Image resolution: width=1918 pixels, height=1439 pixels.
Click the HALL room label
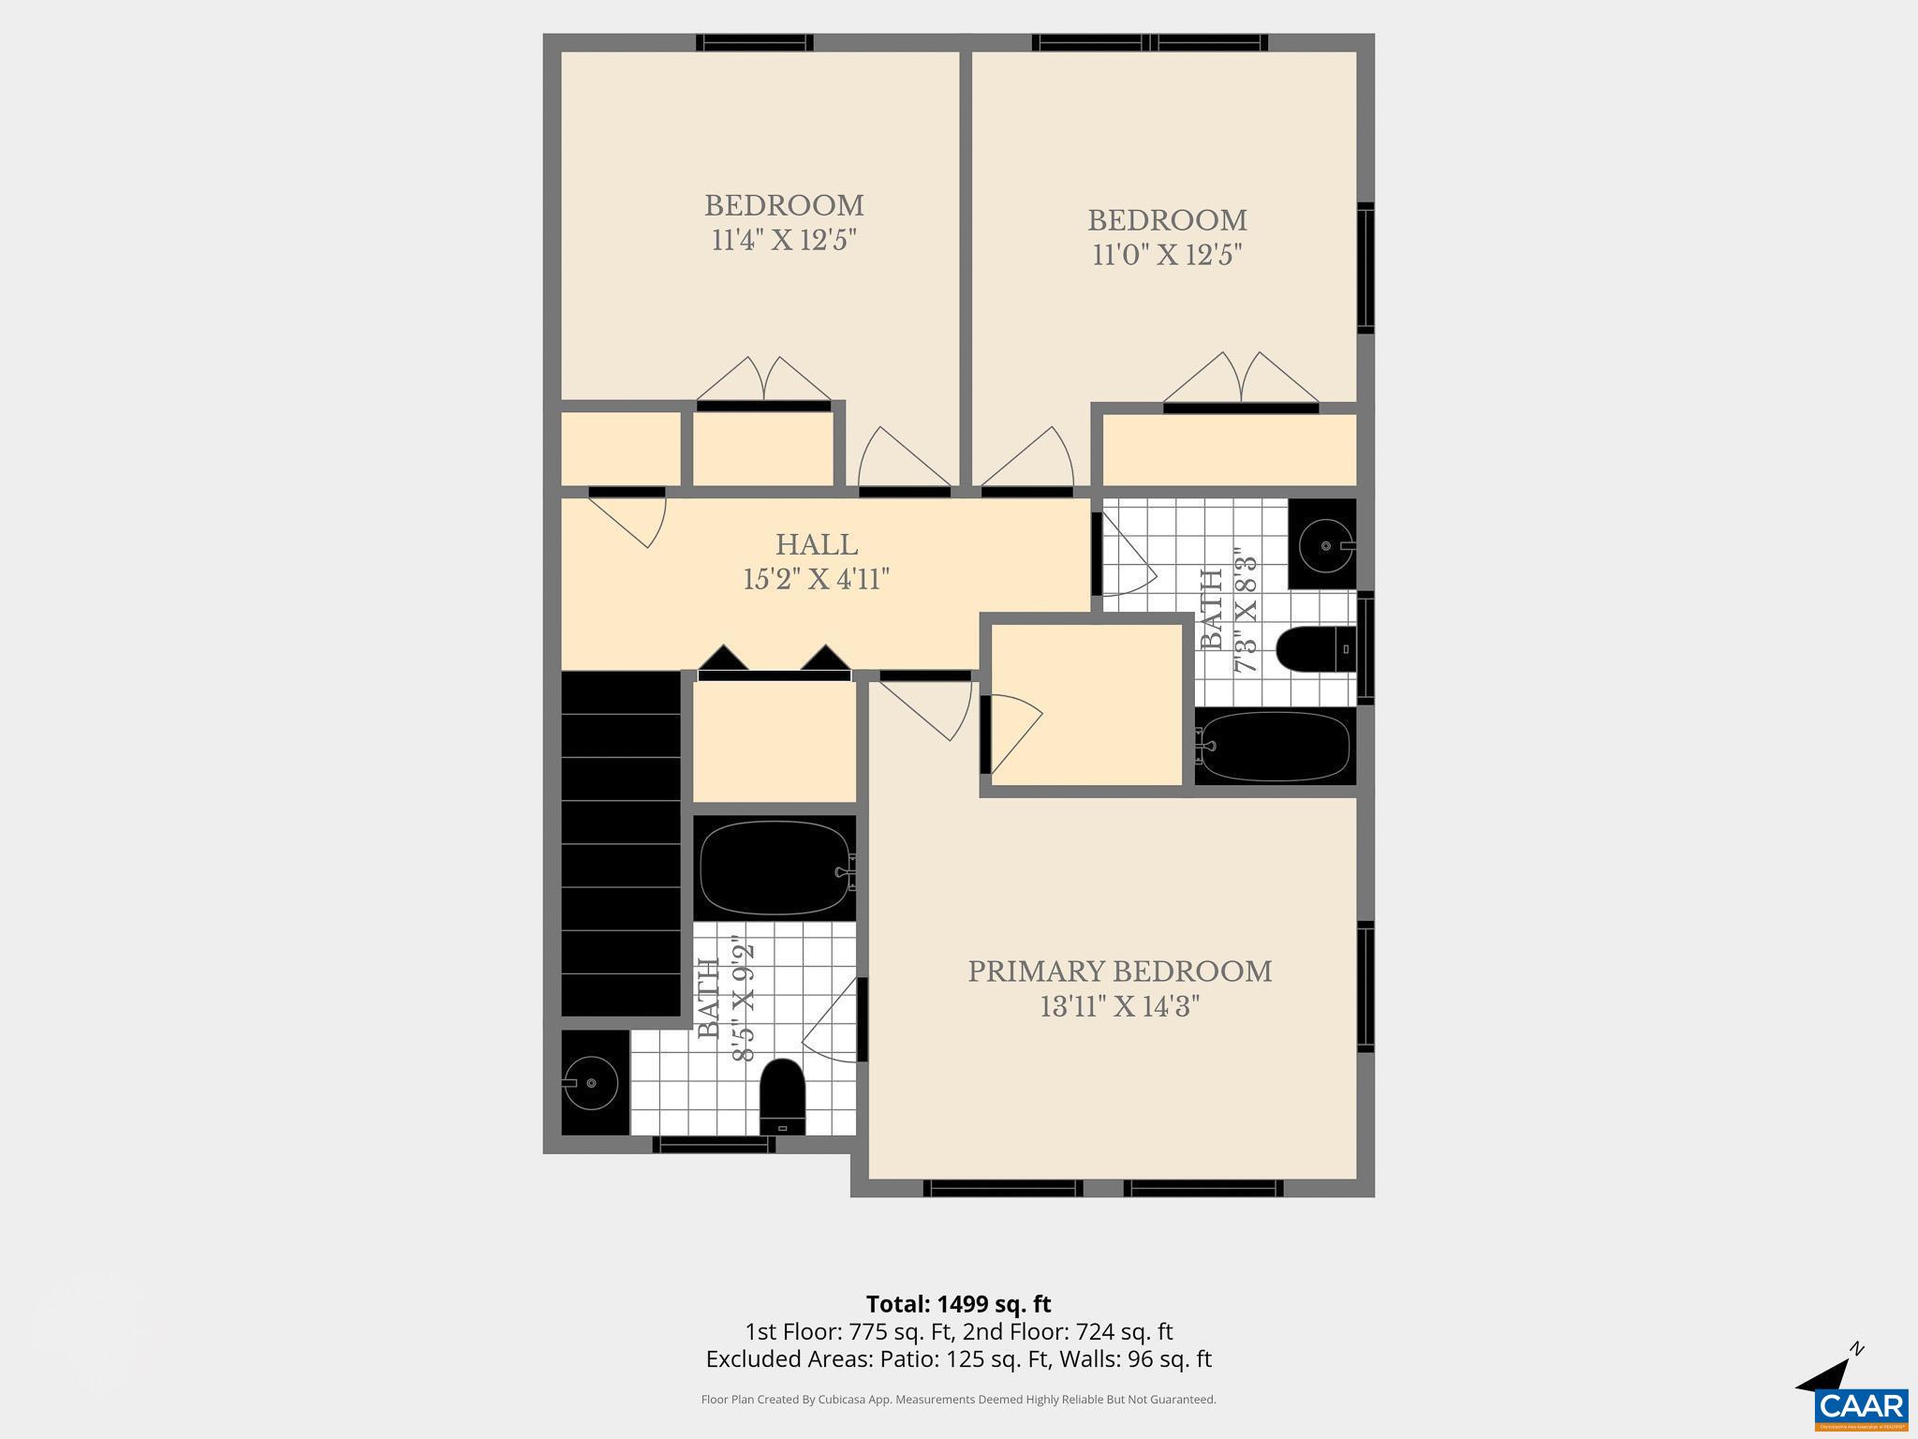(x=816, y=545)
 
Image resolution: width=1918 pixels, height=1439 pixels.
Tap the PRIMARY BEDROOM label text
(x=1119, y=972)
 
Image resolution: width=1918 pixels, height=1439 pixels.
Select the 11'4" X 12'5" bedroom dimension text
(x=784, y=241)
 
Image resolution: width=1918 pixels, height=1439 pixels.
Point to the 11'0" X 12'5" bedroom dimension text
(x=1167, y=255)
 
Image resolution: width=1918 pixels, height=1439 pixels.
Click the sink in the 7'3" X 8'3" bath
(x=1324, y=544)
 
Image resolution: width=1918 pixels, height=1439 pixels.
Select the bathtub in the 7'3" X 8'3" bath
(x=1275, y=748)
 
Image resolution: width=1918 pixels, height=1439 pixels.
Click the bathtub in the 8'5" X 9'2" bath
(x=774, y=868)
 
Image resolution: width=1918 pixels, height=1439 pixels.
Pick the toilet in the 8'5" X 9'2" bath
(x=782, y=1095)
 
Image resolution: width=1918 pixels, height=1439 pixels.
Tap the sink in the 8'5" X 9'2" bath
(x=593, y=1083)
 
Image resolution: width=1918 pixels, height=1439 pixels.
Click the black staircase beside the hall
(x=620, y=843)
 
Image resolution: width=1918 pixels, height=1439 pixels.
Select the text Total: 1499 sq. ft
(x=958, y=1304)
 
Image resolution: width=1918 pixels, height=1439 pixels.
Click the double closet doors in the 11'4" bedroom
(x=764, y=382)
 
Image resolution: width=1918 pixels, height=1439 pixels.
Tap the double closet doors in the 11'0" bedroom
(x=1240, y=380)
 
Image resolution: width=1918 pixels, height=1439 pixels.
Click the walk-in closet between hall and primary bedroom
(x=1086, y=705)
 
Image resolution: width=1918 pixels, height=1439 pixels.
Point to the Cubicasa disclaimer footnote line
(x=958, y=1400)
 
